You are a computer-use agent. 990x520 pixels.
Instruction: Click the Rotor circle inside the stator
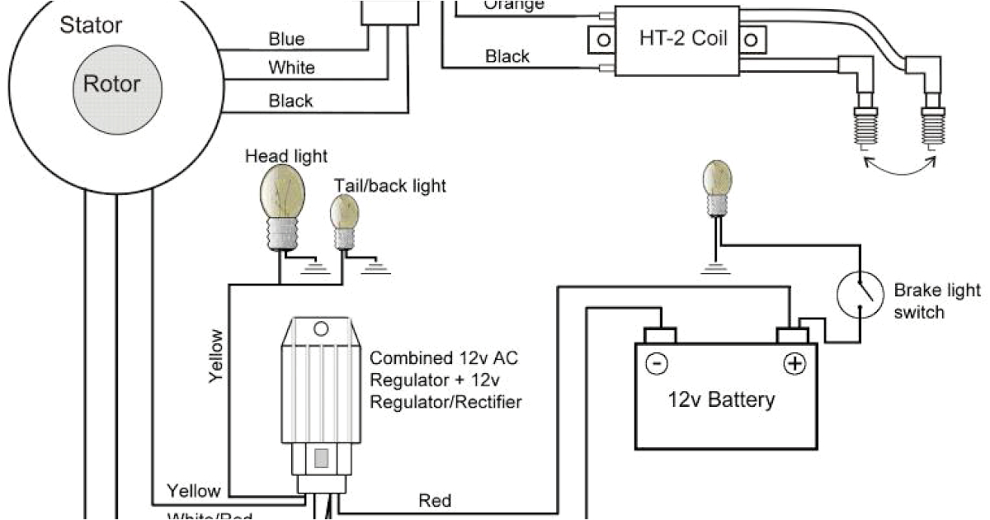(x=111, y=84)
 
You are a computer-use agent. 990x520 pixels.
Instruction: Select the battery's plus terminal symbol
(x=794, y=364)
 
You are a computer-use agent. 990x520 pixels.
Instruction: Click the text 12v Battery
(x=721, y=400)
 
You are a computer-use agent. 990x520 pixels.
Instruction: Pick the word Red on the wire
(x=435, y=500)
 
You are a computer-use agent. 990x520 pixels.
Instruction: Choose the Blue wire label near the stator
(x=286, y=39)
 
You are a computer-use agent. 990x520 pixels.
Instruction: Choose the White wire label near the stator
(x=290, y=68)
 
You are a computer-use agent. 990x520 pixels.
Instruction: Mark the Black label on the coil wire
(x=507, y=56)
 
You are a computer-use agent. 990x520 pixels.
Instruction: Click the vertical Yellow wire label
(x=216, y=355)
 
